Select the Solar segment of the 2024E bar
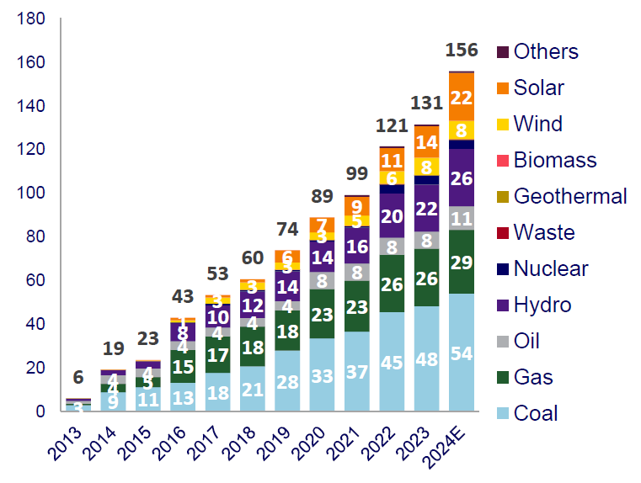(461, 97)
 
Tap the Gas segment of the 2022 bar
(392, 284)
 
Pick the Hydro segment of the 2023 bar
(426, 208)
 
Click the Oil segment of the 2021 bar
(357, 272)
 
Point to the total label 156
(461, 50)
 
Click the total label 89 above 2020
(323, 197)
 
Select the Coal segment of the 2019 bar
(288, 380)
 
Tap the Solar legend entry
(538, 88)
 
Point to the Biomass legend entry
(554, 160)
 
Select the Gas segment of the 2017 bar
(218, 354)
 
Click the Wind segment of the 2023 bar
(426, 166)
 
